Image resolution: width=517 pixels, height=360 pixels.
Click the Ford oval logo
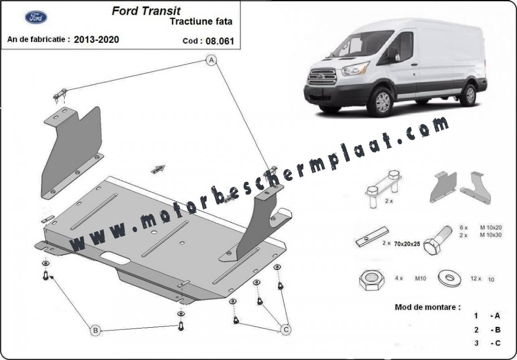(x=36, y=17)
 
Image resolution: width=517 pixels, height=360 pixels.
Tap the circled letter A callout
(x=211, y=60)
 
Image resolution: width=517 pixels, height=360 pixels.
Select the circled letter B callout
(x=95, y=330)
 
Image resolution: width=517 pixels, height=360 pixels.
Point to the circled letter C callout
(x=285, y=329)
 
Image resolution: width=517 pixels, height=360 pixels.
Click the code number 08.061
(x=219, y=41)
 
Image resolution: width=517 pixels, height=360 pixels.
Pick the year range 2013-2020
(x=96, y=40)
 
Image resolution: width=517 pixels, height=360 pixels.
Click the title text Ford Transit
(x=146, y=11)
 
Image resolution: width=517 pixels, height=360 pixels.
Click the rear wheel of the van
(x=470, y=95)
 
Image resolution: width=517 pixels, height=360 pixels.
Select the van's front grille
(x=322, y=77)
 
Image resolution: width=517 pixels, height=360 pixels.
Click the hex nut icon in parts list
(x=371, y=280)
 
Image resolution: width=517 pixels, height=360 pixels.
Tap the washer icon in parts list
(x=449, y=278)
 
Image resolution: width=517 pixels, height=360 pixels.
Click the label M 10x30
(x=491, y=235)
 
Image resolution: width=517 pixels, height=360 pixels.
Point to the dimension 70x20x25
(x=407, y=244)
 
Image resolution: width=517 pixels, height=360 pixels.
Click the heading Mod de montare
(x=428, y=307)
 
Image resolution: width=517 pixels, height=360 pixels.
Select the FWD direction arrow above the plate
(x=158, y=169)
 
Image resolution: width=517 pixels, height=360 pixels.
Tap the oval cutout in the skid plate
(x=115, y=258)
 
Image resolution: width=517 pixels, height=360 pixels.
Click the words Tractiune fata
(x=201, y=22)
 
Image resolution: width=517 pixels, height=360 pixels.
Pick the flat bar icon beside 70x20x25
(x=372, y=237)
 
